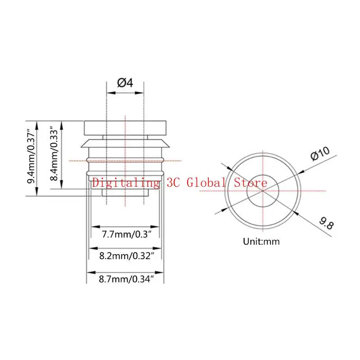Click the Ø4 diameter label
point(125,83)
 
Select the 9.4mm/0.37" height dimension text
point(32,157)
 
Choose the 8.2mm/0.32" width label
point(126,256)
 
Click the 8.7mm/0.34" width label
point(126,279)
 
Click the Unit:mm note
point(261,241)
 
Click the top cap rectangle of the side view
point(125,127)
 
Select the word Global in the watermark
point(208,183)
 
